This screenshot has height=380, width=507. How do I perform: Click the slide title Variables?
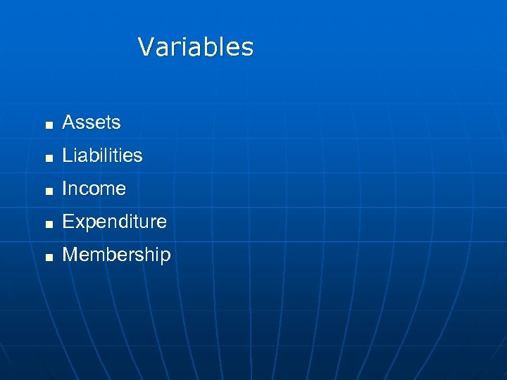tap(196, 47)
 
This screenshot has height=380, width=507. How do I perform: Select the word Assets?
tap(92, 122)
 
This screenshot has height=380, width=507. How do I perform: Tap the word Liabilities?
tap(102, 156)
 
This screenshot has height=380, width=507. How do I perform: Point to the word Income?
tap(94, 189)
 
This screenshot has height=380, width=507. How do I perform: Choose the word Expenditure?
tap(114, 222)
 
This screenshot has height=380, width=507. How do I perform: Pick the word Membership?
tap(116, 255)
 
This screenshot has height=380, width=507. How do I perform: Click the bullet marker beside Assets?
tap(48, 125)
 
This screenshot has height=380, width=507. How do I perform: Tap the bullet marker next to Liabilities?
tap(48, 158)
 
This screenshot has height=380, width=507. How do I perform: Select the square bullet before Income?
tap(48, 191)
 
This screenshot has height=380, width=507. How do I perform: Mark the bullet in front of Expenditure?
tap(48, 224)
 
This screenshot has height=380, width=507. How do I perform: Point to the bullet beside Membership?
tap(48, 257)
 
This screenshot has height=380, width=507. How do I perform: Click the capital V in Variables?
tap(146, 47)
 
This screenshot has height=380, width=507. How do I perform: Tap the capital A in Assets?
tap(69, 122)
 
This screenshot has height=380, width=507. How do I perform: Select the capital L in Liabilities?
tap(68, 156)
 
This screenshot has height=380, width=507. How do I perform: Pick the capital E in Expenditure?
tap(68, 222)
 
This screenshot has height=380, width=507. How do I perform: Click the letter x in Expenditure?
tap(79, 223)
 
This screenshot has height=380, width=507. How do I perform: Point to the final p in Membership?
tap(165, 257)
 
